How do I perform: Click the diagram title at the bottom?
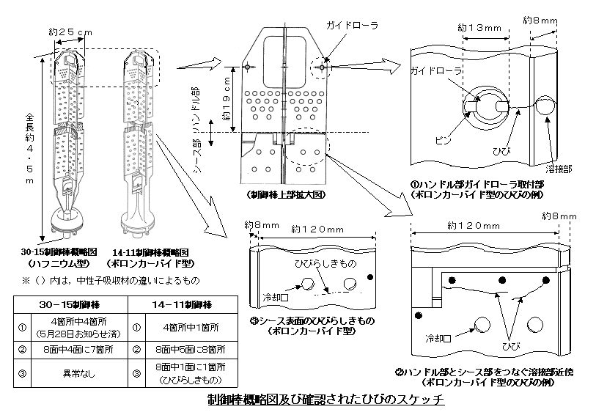tap(326, 402)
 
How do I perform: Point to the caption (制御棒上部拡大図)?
tap(284, 196)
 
